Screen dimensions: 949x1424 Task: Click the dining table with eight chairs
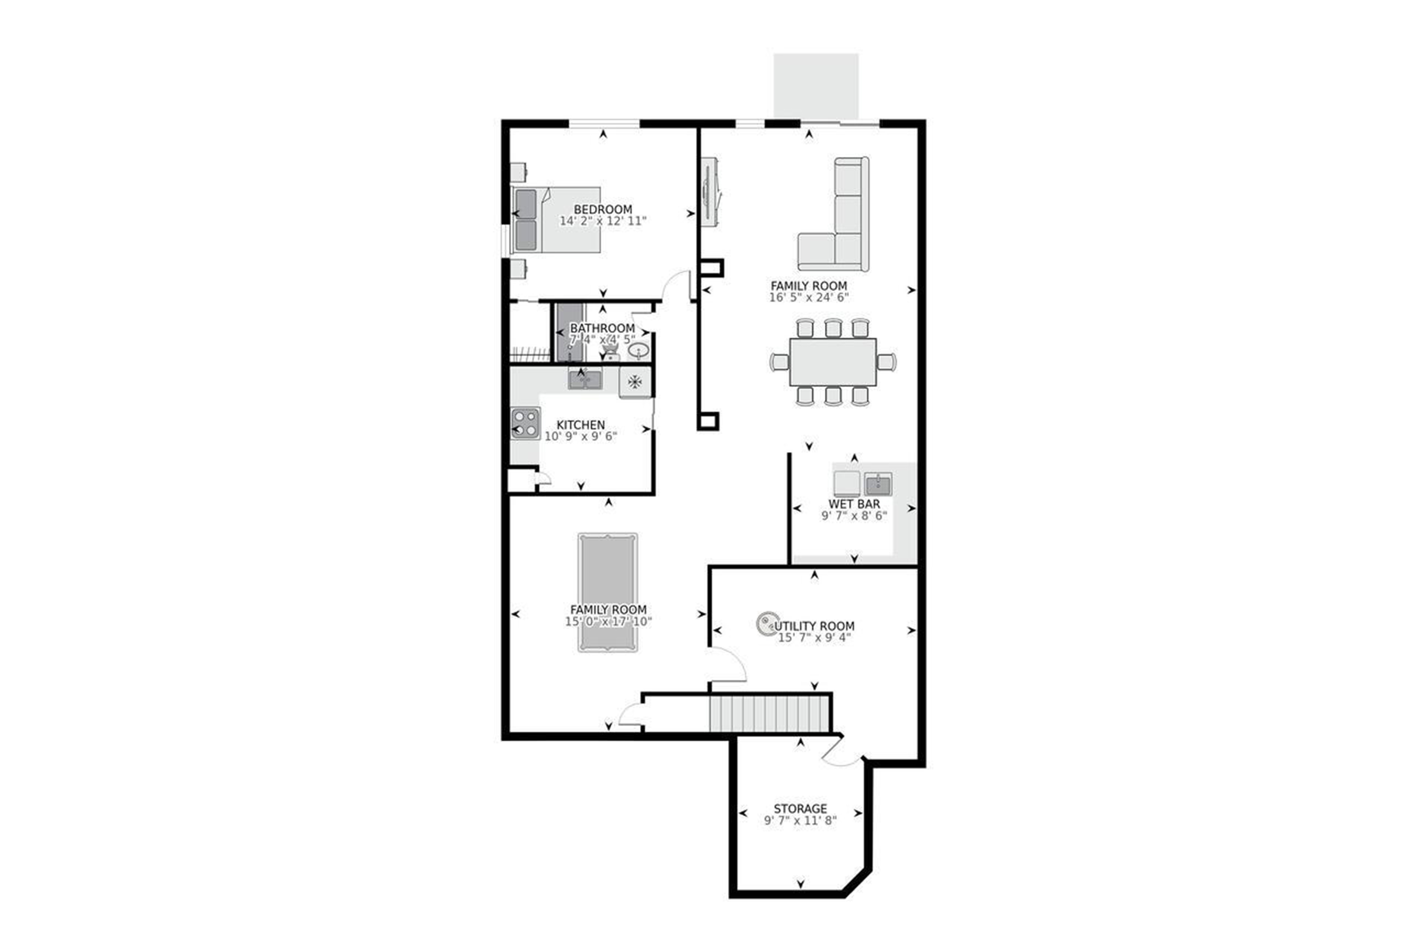(x=833, y=362)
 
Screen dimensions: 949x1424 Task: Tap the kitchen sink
(x=585, y=380)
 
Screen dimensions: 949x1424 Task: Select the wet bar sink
(x=877, y=484)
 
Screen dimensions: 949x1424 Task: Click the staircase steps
(x=769, y=714)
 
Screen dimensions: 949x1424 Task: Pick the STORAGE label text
(x=800, y=809)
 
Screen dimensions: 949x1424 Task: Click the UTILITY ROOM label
(x=815, y=626)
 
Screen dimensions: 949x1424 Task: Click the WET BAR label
(x=854, y=503)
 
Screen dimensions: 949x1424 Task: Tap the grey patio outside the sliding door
(x=816, y=86)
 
